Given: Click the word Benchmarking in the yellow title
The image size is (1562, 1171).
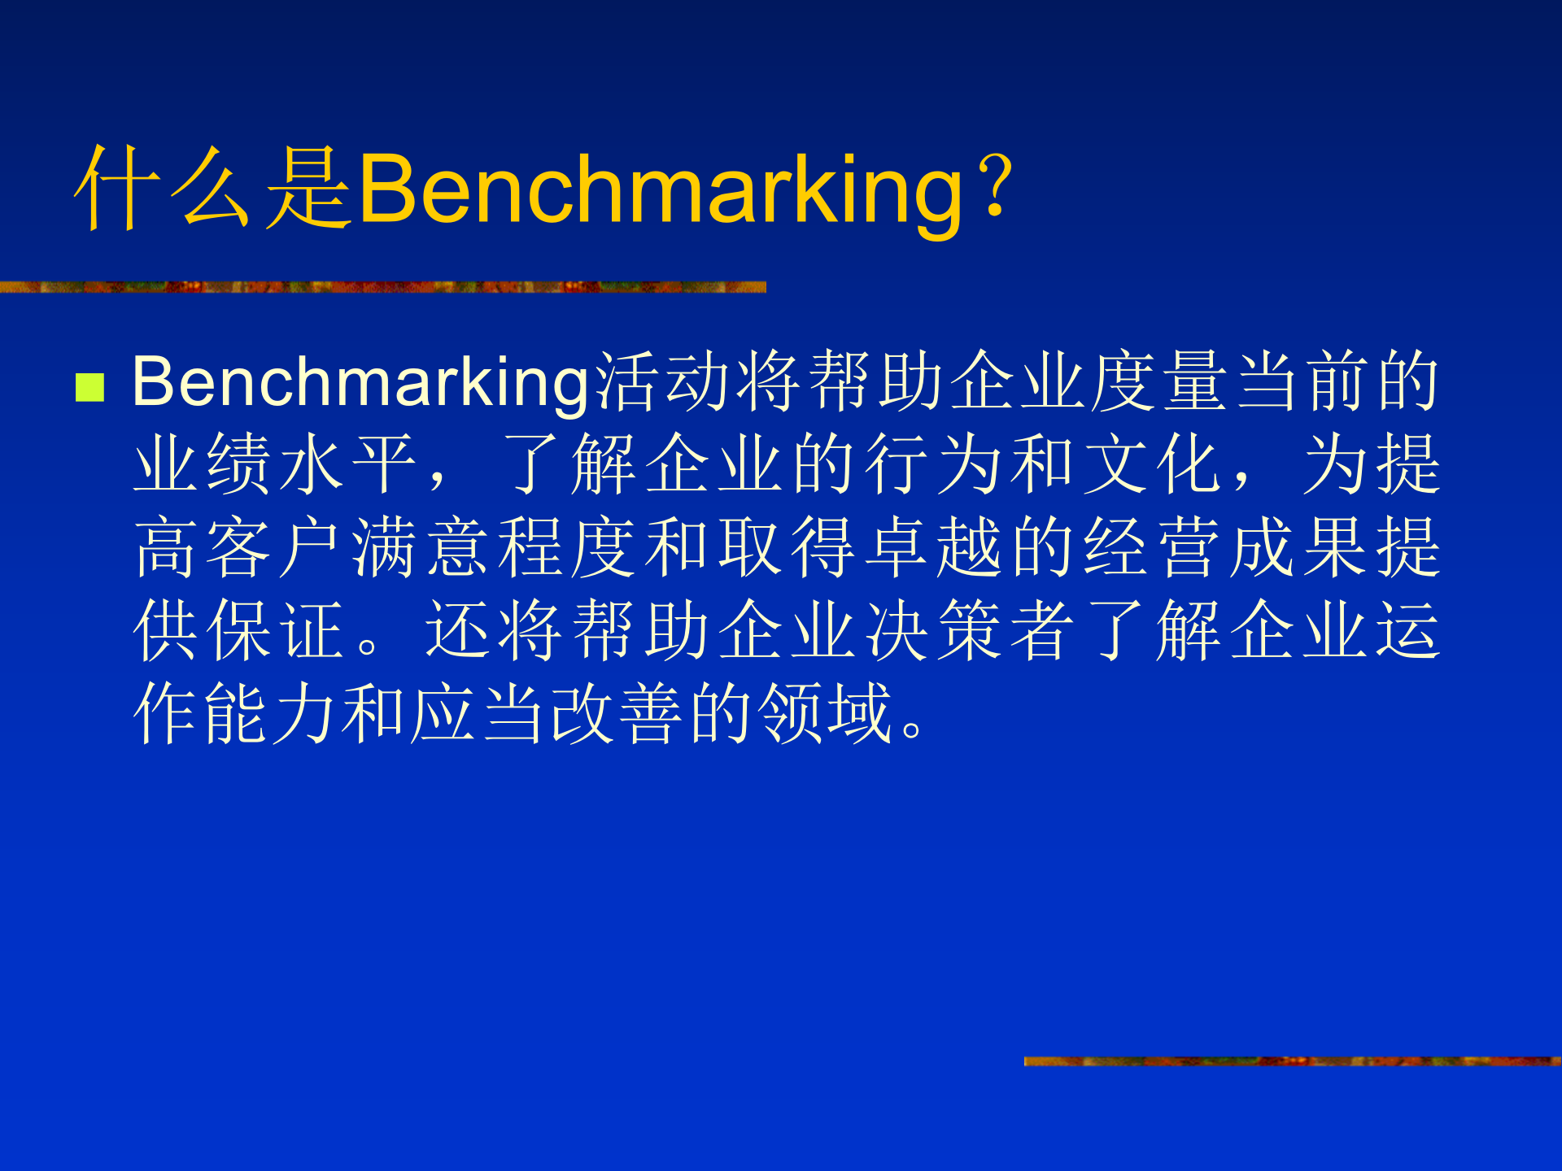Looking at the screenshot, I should click(x=660, y=191).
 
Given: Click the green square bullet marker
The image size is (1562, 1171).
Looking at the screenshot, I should click(x=89, y=388).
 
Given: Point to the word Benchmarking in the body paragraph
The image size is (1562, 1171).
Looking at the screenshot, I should click(x=361, y=382).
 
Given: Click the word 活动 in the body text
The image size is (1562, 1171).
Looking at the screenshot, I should click(x=665, y=381).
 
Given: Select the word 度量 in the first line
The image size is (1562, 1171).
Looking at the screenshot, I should click(x=1158, y=381).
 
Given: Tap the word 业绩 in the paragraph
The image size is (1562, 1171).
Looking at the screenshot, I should click(x=203, y=464).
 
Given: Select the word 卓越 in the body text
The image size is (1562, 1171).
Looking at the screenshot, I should click(x=933, y=547).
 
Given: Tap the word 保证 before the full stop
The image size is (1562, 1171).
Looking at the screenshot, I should click(x=276, y=630).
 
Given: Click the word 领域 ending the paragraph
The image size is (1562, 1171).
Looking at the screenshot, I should click(x=826, y=713).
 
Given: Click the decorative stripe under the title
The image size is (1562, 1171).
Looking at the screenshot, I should click(x=382, y=287).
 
